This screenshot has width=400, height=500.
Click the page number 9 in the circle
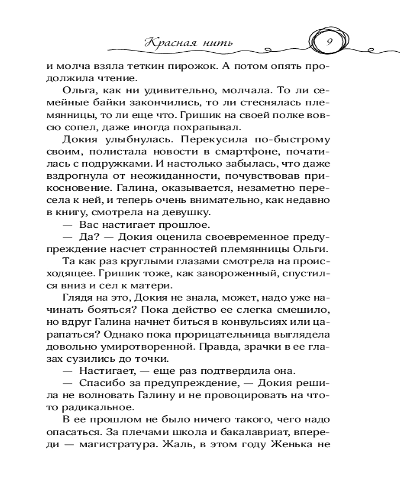(329, 42)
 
